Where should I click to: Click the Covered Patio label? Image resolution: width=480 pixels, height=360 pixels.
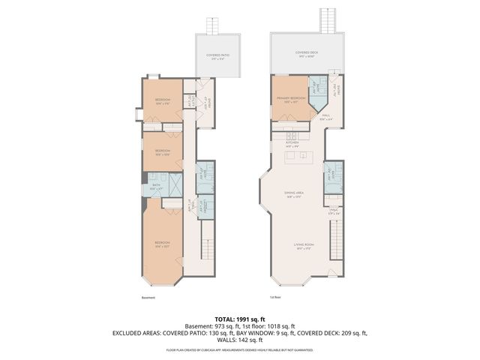(x=219, y=55)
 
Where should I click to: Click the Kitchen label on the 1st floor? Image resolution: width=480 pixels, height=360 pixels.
(x=292, y=144)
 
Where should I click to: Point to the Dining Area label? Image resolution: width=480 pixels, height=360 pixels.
(x=293, y=194)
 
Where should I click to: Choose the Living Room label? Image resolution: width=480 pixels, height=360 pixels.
(x=303, y=246)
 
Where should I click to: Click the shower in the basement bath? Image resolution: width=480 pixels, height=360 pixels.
(x=173, y=184)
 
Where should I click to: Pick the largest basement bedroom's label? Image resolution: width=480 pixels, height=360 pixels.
(x=162, y=244)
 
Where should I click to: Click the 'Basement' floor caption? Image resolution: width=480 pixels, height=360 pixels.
(x=148, y=297)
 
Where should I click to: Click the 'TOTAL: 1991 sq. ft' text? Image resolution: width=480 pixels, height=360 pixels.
(x=239, y=318)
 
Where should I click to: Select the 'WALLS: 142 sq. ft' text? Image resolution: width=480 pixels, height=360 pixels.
(x=239, y=340)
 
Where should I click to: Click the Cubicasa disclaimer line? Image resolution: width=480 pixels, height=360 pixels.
(x=239, y=349)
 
